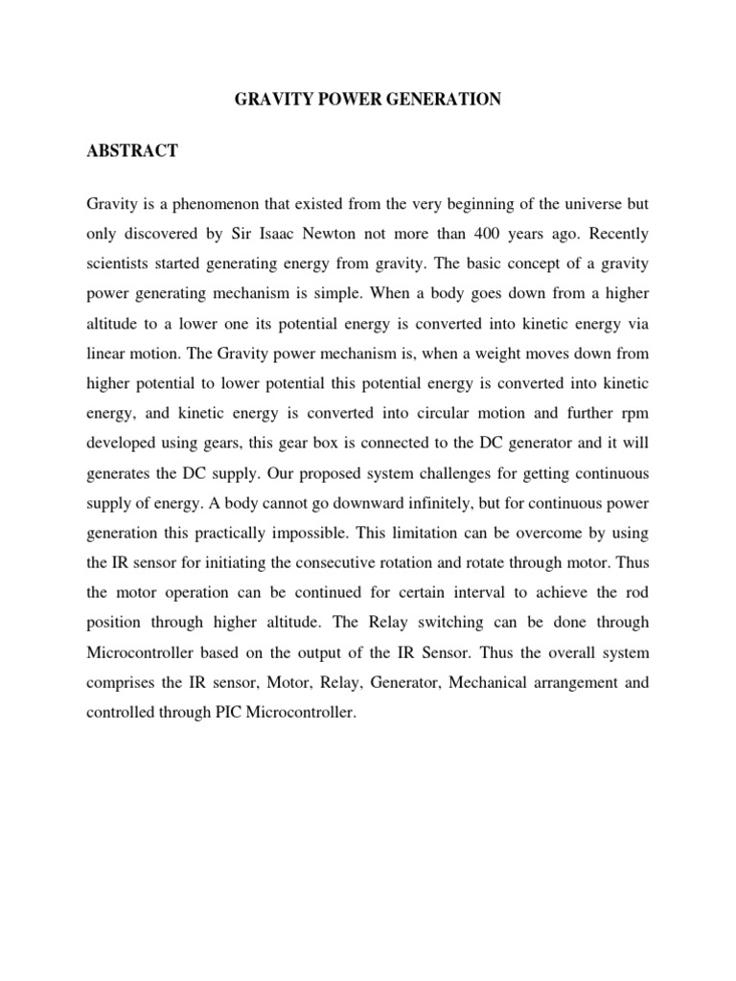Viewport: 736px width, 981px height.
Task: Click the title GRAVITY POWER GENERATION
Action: coord(368,100)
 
